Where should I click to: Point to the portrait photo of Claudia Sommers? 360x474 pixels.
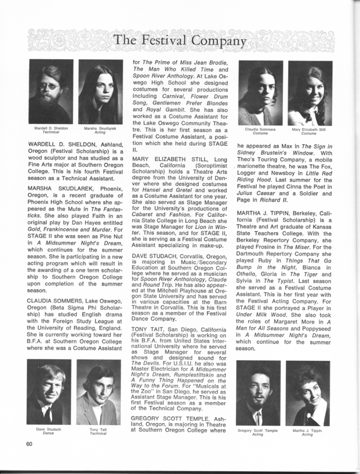click(261, 96)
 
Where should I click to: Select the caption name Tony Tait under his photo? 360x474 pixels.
click(98, 430)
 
